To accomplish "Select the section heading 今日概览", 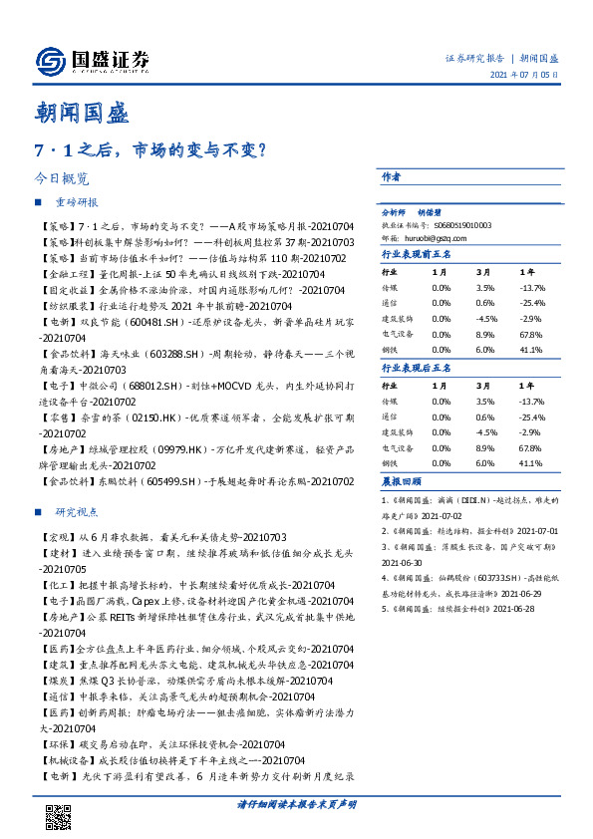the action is click(61, 179).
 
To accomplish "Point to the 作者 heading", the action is click(391, 177).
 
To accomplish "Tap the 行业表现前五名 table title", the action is click(417, 255).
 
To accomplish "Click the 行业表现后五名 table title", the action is click(417, 369).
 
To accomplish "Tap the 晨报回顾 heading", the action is click(401, 481).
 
